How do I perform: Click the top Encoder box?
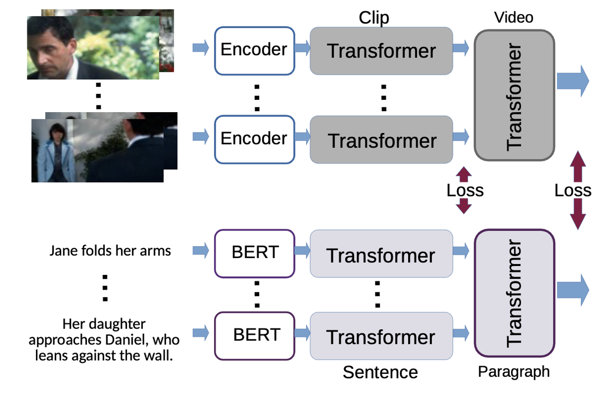(x=254, y=51)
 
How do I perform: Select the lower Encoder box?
(x=254, y=139)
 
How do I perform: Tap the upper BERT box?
(x=254, y=253)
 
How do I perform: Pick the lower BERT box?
(x=254, y=336)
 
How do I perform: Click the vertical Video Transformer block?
(x=514, y=95)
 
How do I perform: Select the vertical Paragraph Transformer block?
(x=514, y=293)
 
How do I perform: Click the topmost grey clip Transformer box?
(x=381, y=51)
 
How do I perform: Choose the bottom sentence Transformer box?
(x=381, y=336)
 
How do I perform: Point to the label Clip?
(x=374, y=18)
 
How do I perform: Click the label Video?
(x=513, y=18)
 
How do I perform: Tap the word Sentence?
(x=380, y=372)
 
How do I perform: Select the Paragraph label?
(x=513, y=372)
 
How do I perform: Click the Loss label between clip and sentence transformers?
(x=465, y=191)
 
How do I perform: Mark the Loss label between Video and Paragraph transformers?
(x=572, y=191)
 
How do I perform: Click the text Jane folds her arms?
(x=110, y=251)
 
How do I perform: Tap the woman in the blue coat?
(x=55, y=153)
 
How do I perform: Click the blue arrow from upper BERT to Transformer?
(x=302, y=250)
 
